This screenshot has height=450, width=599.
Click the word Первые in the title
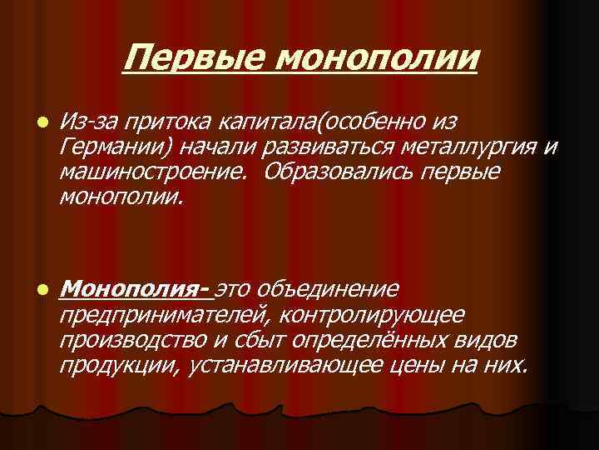click(194, 58)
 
